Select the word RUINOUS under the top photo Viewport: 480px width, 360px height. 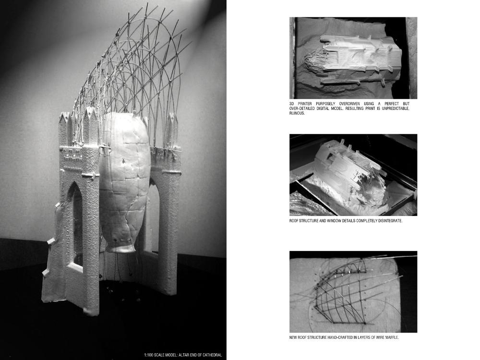[x=297, y=113]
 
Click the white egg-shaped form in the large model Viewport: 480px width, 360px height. [x=125, y=180]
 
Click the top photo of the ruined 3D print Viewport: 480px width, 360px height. [x=353, y=58]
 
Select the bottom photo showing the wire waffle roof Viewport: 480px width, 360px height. [x=353, y=292]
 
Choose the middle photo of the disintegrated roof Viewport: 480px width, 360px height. [x=353, y=175]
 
